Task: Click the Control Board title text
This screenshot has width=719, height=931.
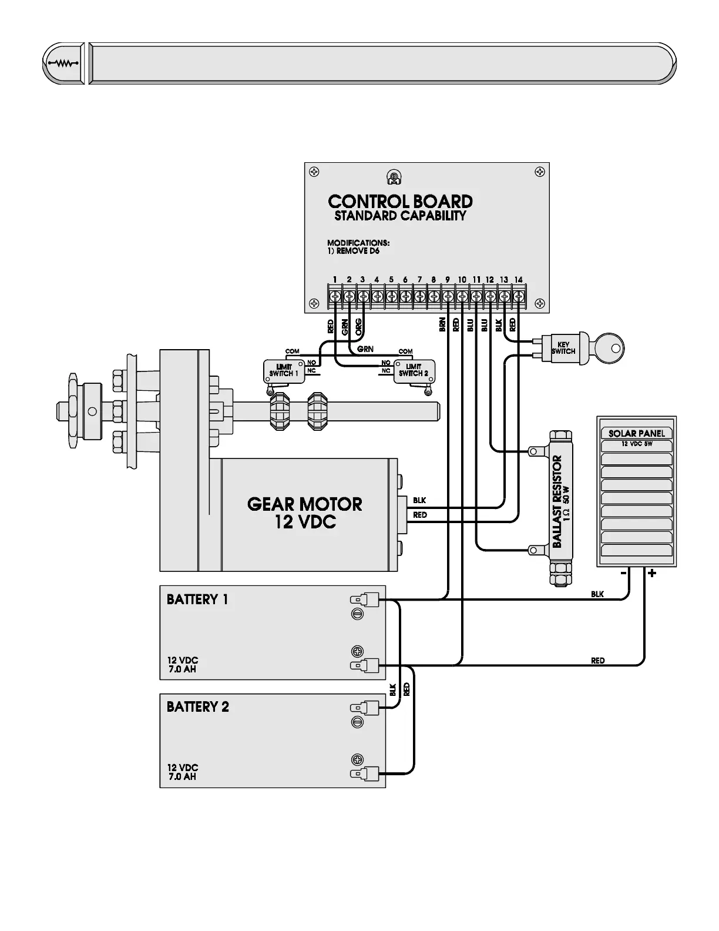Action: click(x=400, y=202)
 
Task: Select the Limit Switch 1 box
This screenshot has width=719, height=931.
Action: click(x=284, y=370)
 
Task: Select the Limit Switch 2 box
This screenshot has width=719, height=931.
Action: click(x=414, y=370)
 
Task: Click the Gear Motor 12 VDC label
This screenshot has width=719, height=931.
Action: click(x=304, y=513)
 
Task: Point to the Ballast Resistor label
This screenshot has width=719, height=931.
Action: click(x=558, y=501)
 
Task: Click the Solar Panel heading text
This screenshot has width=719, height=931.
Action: click(x=636, y=433)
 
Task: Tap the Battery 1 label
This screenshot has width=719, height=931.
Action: click(x=197, y=600)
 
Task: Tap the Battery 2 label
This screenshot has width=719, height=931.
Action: click(x=198, y=706)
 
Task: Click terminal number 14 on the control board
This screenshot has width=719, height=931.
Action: click(x=518, y=280)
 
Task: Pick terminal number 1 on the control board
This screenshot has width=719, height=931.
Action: click(x=334, y=280)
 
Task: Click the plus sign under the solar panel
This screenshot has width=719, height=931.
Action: click(x=652, y=574)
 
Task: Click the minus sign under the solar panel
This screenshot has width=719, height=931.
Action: click(x=624, y=573)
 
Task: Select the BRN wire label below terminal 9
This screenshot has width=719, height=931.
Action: click(x=442, y=326)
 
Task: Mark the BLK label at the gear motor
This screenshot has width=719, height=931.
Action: click(x=419, y=501)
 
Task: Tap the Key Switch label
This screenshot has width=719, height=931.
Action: click(x=563, y=348)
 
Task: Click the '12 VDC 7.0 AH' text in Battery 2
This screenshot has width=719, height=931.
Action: click(x=182, y=772)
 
